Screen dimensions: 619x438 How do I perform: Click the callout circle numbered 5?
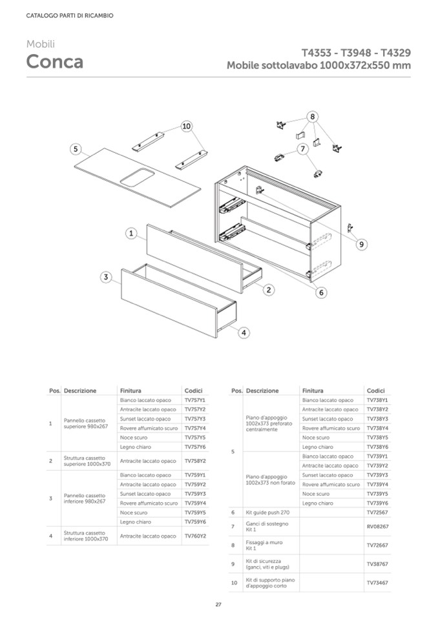76,149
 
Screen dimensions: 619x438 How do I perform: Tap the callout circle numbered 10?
187,127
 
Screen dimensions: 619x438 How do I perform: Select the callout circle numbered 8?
313,117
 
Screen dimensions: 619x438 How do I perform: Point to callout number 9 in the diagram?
362,244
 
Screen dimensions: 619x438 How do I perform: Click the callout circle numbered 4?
244,333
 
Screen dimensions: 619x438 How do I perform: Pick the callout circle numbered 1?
130,233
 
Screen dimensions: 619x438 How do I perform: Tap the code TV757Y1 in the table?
194,400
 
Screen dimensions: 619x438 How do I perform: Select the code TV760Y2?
194,536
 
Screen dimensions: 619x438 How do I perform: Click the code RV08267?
377,526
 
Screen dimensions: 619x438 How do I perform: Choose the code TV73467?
377,583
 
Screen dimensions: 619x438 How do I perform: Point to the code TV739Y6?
377,503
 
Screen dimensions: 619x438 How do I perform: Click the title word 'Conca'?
54,63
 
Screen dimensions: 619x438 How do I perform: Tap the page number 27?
218,605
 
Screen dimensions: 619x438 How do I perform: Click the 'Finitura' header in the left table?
130,391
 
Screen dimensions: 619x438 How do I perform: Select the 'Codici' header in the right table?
375,391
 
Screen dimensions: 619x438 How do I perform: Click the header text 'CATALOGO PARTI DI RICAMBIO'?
69,15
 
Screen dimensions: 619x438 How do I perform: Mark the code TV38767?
377,563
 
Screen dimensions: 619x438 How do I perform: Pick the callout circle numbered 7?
302,149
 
